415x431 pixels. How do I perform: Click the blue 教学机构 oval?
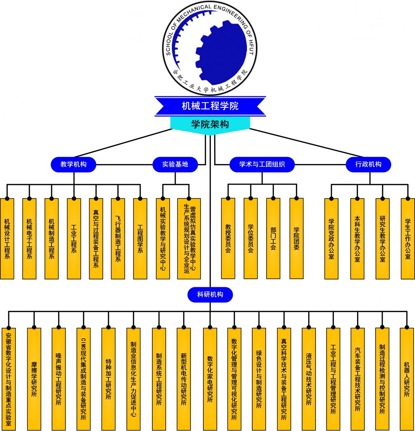73,164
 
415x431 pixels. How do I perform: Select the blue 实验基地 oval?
175,164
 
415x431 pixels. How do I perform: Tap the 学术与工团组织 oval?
262,164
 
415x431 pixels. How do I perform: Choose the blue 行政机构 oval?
368,164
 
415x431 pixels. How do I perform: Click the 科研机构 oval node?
210,295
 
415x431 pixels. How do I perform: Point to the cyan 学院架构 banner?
210,124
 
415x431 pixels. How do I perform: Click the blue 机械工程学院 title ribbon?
210,106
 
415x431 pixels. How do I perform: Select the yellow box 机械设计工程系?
7,238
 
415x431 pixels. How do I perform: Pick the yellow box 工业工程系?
74,238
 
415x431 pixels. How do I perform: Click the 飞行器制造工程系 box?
118,238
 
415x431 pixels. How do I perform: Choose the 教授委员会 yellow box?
228,238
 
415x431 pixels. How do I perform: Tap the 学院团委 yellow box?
296,238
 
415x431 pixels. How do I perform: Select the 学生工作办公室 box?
407,238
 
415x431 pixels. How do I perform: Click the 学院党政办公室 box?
331,238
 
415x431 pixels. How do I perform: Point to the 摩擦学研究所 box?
34,379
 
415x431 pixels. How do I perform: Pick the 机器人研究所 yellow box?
407,379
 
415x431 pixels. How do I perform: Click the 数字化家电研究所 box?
210,379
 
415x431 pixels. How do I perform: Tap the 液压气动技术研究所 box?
309,379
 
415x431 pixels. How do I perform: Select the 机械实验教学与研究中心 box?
163,238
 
